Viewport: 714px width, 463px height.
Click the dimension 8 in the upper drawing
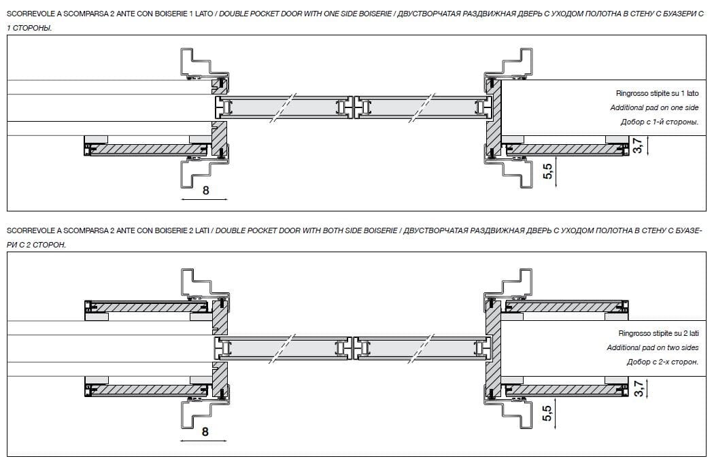(x=206, y=190)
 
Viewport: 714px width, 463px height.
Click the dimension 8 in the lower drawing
(x=205, y=431)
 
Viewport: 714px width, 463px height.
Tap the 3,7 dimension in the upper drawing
(x=637, y=145)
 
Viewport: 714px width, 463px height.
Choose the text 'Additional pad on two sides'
(x=653, y=347)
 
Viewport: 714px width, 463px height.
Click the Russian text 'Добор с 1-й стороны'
(x=659, y=122)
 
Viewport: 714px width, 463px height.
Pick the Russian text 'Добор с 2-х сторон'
(x=662, y=362)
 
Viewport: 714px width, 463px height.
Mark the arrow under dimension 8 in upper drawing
(x=205, y=200)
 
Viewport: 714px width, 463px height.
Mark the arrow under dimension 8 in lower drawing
(x=203, y=441)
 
